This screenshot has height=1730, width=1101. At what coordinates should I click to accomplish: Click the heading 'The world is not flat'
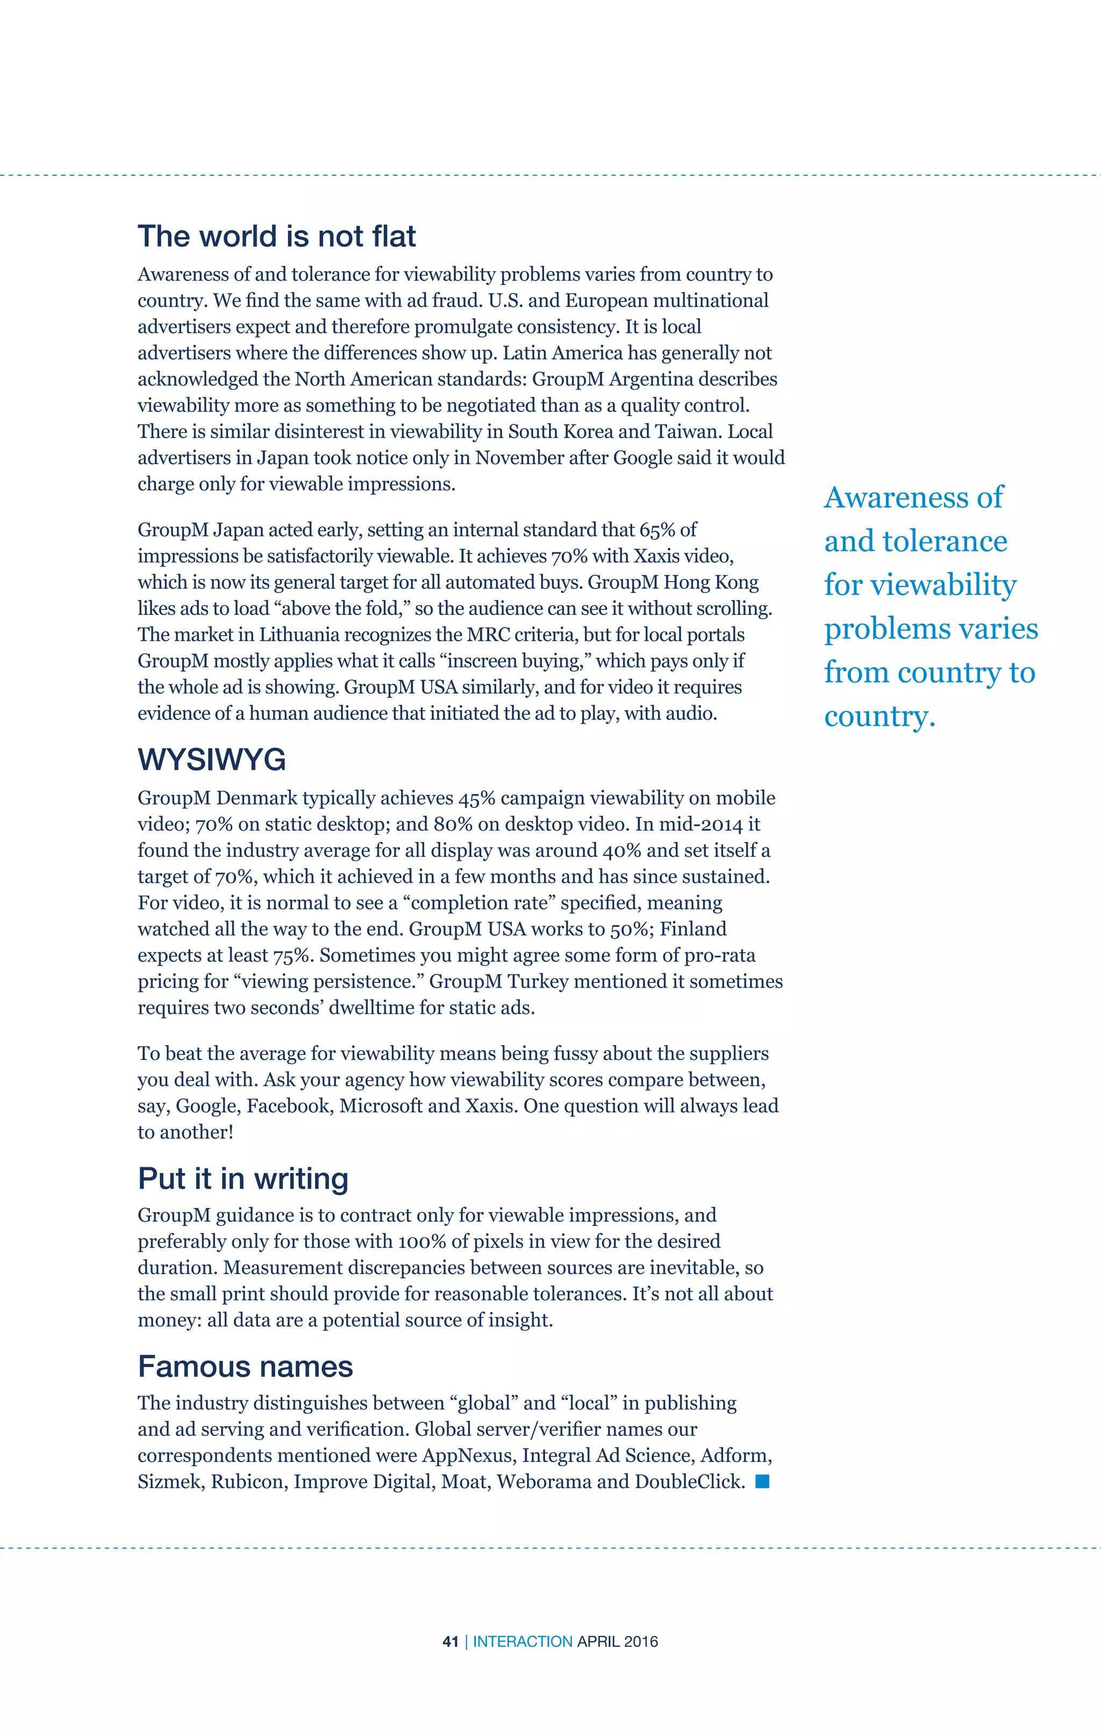click(x=277, y=237)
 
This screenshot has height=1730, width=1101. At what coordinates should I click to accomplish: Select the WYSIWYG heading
click(x=212, y=760)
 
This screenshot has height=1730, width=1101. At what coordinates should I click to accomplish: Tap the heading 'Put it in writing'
click(x=243, y=1178)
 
